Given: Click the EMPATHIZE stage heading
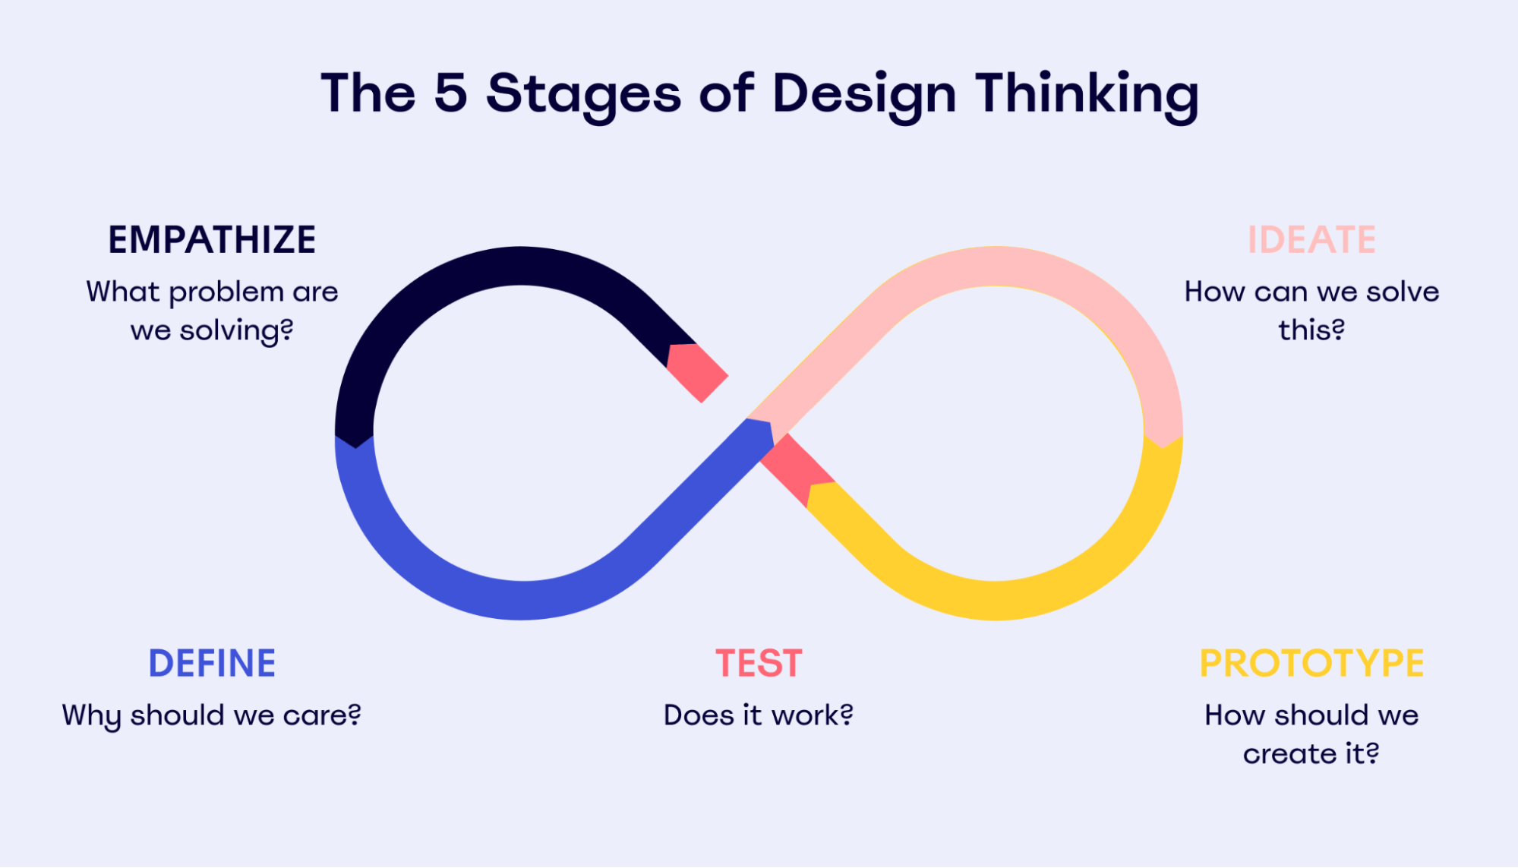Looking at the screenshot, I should (x=212, y=240).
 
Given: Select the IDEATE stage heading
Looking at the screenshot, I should (x=1311, y=240).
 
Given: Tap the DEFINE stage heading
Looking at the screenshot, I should (x=212, y=663).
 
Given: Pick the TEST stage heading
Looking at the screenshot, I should (x=759, y=663).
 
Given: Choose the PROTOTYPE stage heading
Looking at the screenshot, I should (x=1311, y=663).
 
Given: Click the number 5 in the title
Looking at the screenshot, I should (x=450, y=93).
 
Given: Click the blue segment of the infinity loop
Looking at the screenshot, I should (x=524, y=600).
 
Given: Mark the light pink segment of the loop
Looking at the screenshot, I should (x=995, y=266).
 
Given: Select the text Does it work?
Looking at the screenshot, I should (x=759, y=715).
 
